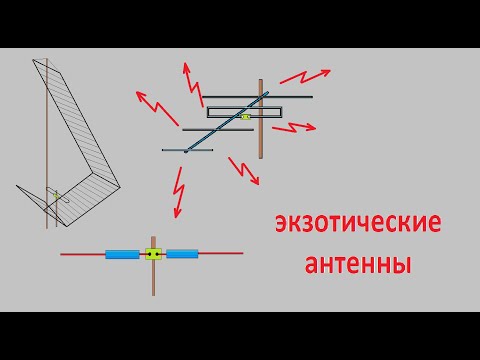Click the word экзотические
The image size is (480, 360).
pyautogui.click(x=357, y=227)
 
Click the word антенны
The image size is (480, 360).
pyautogui.click(x=357, y=266)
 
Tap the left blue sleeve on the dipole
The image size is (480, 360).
pyautogui.click(x=122, y=254)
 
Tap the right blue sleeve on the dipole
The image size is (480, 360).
pyautogui.click(x=183, y=254)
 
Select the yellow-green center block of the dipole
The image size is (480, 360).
pyautogui.click(x=153, y=254)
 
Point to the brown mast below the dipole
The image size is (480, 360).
pyautogui.click(x=153, y=280)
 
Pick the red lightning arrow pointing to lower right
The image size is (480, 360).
pyautogui.click(x=245, y=170)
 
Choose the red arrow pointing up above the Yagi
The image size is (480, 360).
pyautogui.click(x=187, y=78)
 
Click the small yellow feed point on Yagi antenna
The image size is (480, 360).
pyautogui.click(x=245, y=117)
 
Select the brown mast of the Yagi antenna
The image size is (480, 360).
pyautogui.click(x=261, y=140)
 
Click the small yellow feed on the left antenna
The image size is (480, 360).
pyautogui.click(x=58, y=194)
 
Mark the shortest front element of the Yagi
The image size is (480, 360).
pyautogui.click(x=186, y=151)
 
